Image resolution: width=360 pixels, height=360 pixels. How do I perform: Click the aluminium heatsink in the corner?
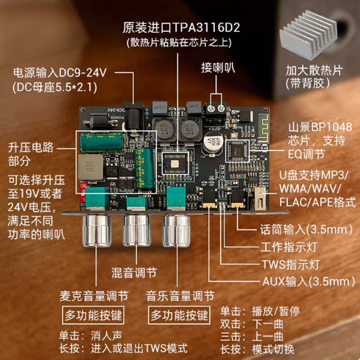pyautogui.click(x=308, y=35)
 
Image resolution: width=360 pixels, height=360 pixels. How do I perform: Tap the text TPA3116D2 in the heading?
pyautogui.click(x=206, y=27)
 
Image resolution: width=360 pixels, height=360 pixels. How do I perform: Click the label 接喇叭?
pyautogui.click(x=218, y=68)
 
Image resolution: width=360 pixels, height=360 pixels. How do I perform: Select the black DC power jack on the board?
pyautogui.click(x=133, y=117)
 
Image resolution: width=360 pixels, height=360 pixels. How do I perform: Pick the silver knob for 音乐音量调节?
pyautogui.click(x=176, y=230)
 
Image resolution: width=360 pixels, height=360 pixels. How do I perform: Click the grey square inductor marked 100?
pyautogui.click(x=90, y=167)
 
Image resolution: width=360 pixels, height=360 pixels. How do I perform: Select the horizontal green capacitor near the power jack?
pyautogui.click(x=101, y=143)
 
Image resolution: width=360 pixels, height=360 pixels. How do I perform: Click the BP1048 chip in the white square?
pyautogui.click(x=238, y=151)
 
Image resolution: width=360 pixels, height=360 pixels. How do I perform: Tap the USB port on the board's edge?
pyautogui.click(x=260, y=198)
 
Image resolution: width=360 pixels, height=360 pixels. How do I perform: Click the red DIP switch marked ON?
pyautogui.click(x=83, y=193)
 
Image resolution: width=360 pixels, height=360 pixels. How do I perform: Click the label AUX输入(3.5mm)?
pyautogui.click(x=308, y=282)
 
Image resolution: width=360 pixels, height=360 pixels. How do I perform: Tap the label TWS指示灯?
pyautogui.click(x=291, y=265)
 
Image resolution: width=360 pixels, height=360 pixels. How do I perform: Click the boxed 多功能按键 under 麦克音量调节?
pyautogui.click(x=93, y=315)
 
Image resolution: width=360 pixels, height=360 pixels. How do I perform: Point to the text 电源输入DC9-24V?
pyautogui.click(x=60, y=72)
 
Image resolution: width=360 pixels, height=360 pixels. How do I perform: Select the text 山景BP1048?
pyautogui.click(x=320, y=127)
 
